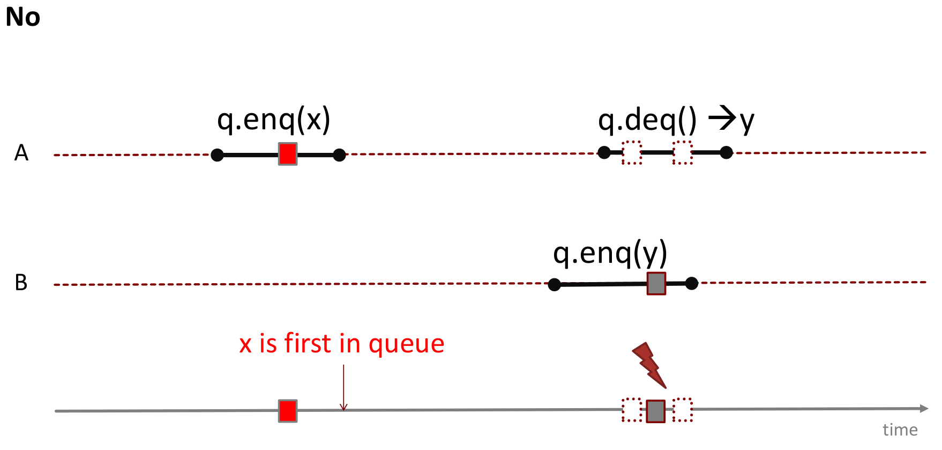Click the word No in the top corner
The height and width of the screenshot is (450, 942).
[23, 17]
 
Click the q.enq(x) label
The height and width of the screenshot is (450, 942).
[273, 119]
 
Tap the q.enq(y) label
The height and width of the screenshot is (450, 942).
[610, 253]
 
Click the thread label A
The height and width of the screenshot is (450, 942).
[21, 153]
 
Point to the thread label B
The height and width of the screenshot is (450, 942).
[21, 283]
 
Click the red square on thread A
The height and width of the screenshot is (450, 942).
[288, 154]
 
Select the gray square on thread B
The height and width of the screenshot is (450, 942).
[656, 283]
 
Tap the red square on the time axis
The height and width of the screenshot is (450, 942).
[288, 411]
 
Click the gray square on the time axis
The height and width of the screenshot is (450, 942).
[655, 411]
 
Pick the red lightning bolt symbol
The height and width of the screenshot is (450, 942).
[649, 365]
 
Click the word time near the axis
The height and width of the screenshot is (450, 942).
[900, 430]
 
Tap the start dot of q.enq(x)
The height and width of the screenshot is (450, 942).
[217, 155]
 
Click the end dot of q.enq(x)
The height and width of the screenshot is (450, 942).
[339, 155]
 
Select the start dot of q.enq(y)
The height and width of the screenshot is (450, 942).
[555, 285]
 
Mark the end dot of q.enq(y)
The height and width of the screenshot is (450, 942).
[692, 283]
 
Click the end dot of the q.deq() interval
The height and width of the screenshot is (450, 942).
[726, 153]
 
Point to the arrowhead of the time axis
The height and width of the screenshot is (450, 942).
[924, 409]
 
